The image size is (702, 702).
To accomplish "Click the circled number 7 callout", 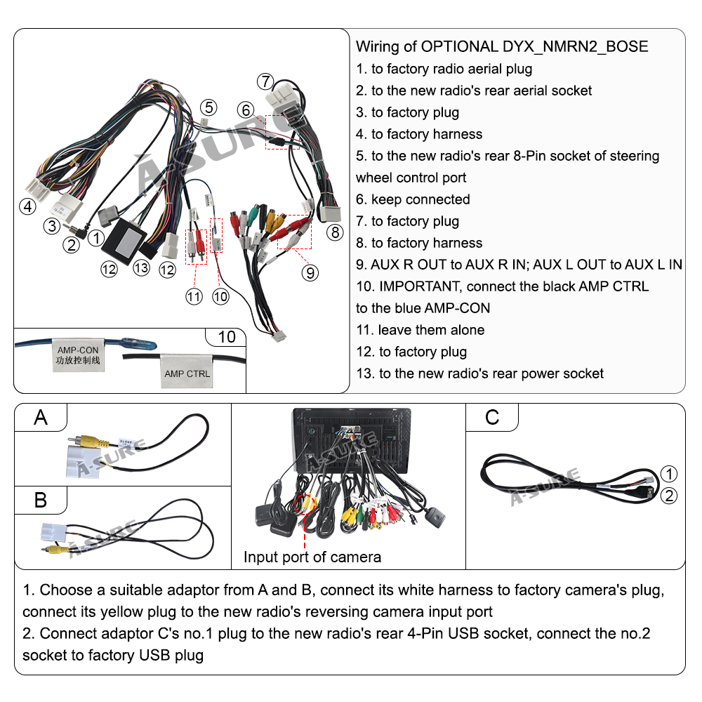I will pyautogui.click(x=264, y=81).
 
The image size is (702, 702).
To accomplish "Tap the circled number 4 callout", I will pyautogui.click(x=27, y=206).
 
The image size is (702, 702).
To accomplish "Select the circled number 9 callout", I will pyautogui.click(x=310, y=272).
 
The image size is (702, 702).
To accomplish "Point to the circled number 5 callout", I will pyautogui.click(x=208, y=107).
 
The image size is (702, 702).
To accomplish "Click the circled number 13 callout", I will pyautogui.click(x=141, y=267).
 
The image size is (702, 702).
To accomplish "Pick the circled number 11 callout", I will pyautogui.click(x=194, y=296).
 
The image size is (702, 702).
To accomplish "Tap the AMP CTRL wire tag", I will pyautogui.click(x=187, y=373).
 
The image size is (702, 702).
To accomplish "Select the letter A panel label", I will pyautogui.click(x=41, y=418).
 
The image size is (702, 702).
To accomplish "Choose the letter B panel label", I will pyautogui.click(x=41, y=500).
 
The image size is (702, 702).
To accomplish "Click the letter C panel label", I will pyautogui.click(x=492, y=418).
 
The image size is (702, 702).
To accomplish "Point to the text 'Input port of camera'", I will pyautogui.click(x=312, y=557).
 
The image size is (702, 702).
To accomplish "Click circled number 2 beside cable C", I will pyautogui.click(x=670, y=496).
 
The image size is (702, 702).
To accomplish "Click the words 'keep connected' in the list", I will pyautogui.click(x=420, y=199).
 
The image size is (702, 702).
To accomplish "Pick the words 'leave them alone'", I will pyautogui.click(x=431, y=330).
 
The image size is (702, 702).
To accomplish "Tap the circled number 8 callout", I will pyautogui.click(x=336, y=232).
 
